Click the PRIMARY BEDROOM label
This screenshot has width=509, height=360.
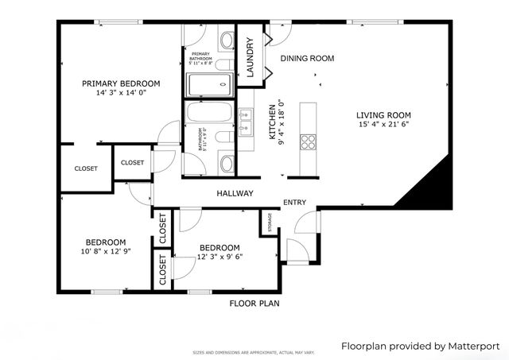pos(121,83)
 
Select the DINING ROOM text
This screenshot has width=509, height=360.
pos(306,58)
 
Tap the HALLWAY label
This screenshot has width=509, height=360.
pos(235,193)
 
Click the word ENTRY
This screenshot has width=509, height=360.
pos(294,203)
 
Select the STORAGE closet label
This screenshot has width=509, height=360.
pos(269,223)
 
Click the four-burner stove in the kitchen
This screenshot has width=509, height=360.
pos(307,142)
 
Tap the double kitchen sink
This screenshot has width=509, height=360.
pos(245,120)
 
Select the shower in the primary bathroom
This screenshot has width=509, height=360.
pos(208,82)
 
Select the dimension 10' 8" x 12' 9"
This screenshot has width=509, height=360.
pos(105,252)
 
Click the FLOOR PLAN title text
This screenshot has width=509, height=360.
pos(254,303)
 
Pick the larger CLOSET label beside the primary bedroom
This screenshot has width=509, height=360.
pos(86,168)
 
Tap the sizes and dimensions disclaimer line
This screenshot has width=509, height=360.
pos(254,352)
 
